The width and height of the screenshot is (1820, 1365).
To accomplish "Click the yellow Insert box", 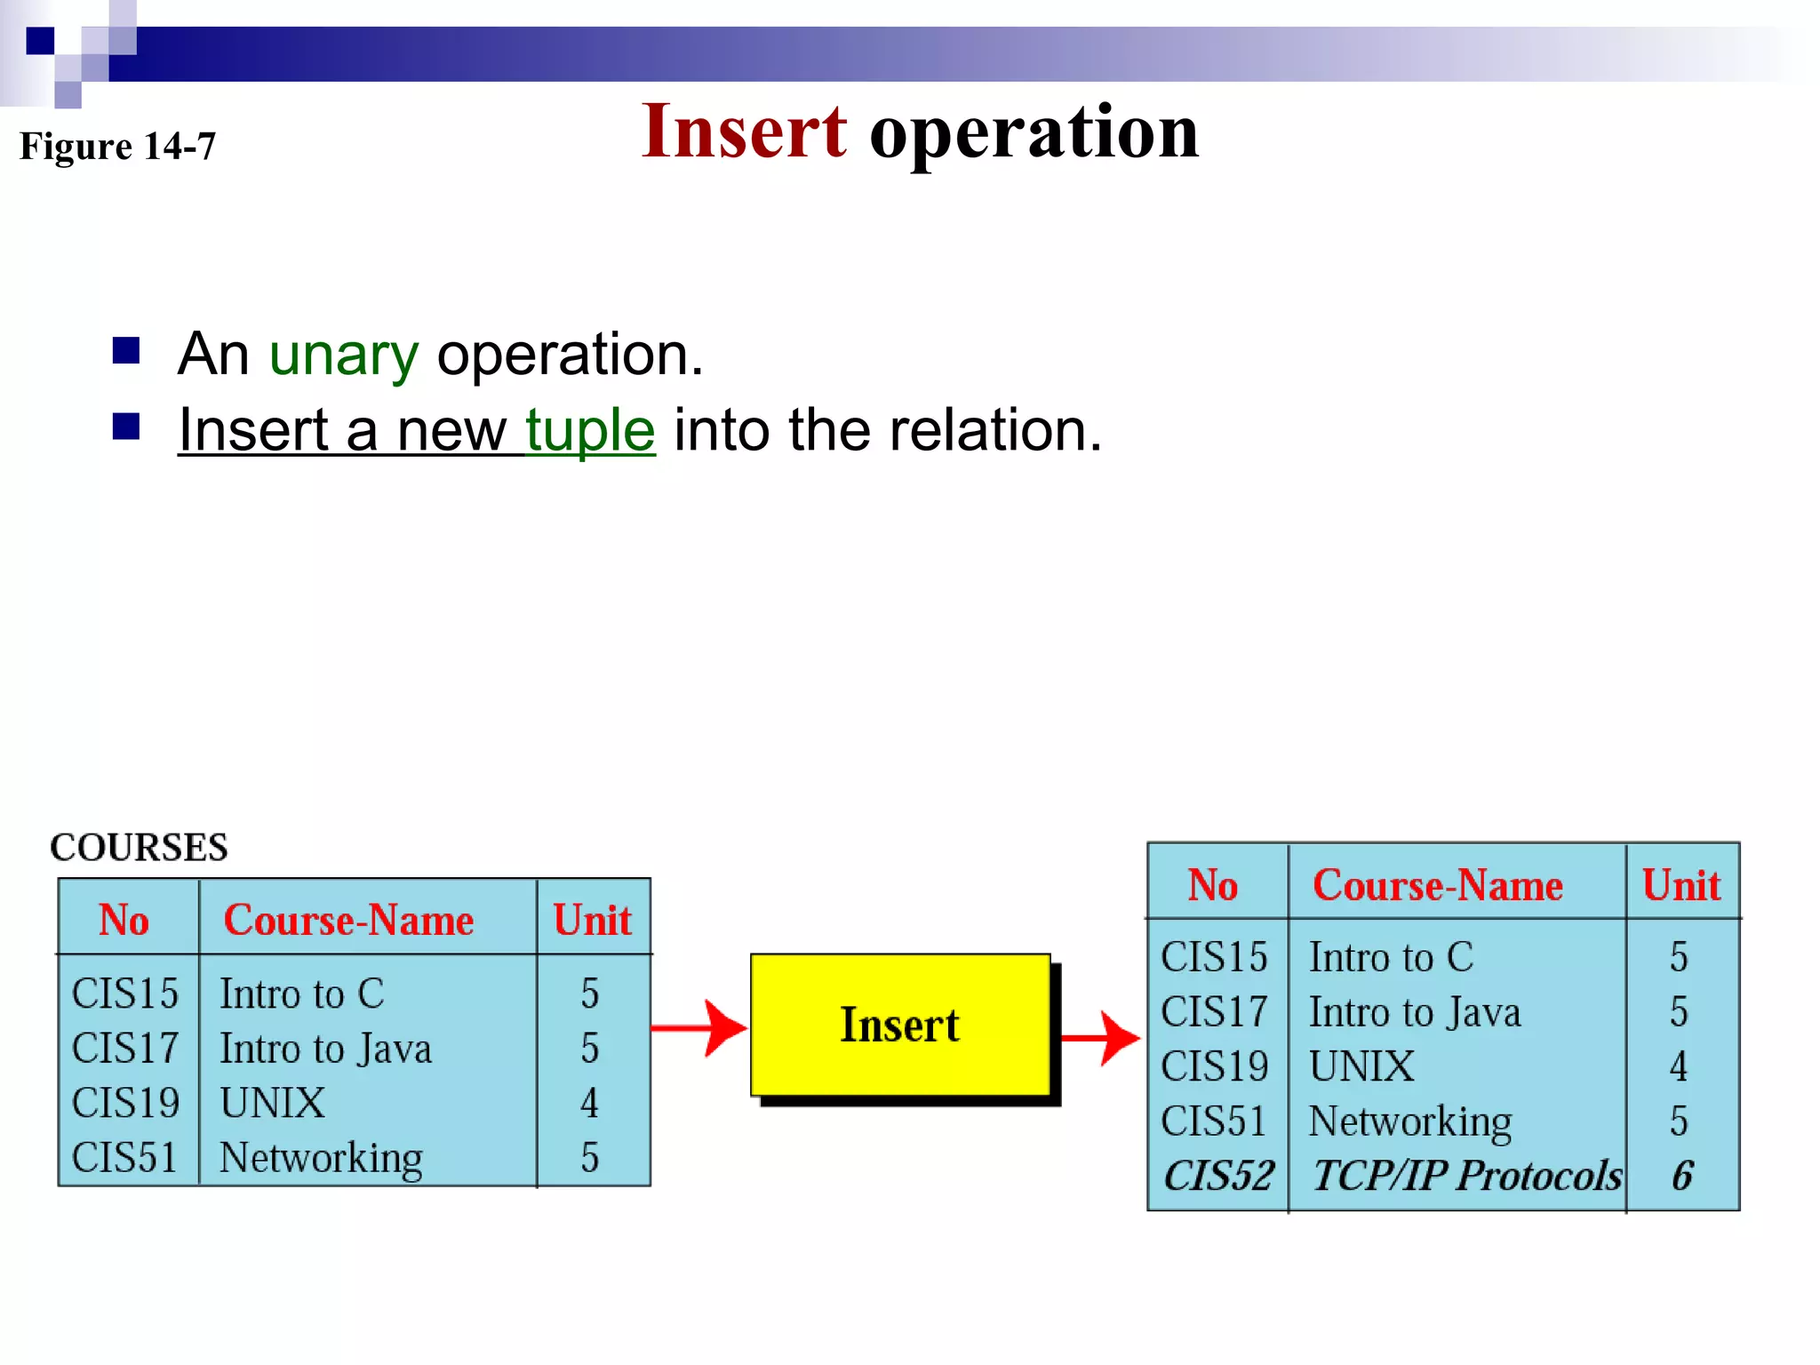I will click(899, 1025).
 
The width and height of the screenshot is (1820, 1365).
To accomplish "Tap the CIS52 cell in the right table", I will click(1218, 1176).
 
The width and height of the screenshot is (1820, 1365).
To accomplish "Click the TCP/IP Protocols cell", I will click(1466, 1176).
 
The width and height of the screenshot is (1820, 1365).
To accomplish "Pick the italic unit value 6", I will click(1681, 1176).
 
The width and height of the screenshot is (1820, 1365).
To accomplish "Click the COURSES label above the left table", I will click(139, 847).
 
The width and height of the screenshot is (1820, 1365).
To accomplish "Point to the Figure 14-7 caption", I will click(117, 146).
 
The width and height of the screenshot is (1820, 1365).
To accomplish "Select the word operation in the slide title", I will click(1034, 133).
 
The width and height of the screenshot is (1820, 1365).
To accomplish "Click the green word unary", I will click(343, 355).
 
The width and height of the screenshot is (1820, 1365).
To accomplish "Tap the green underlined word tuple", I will click(590, 430).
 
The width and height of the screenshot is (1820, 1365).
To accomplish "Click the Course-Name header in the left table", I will click(348, 920).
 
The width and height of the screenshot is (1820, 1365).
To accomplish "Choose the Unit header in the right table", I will click(1680, 885).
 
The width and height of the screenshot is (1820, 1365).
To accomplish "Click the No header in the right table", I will click(1212, 885).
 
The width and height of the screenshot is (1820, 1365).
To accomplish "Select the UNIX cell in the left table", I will click(272, 1103).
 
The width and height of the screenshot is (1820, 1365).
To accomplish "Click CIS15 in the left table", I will click(125, 994).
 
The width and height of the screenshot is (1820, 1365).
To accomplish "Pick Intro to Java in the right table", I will click(1415, 1012).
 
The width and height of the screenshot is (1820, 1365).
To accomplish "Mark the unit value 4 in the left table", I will click(589, 1103).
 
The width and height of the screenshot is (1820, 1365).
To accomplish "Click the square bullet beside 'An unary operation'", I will click(126, 351).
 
